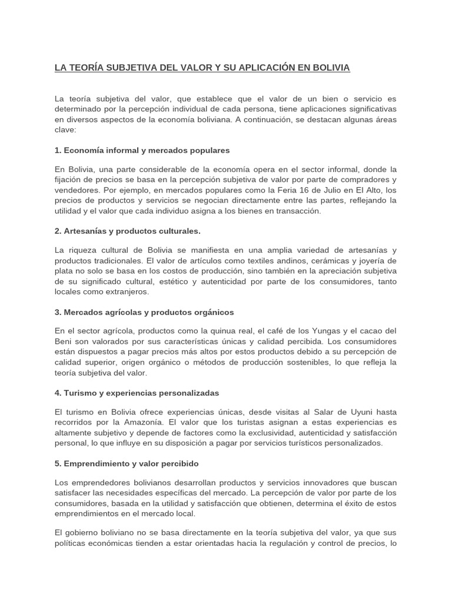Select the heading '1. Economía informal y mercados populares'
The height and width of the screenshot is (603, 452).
(142, 150)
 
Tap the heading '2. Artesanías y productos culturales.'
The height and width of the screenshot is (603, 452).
(128, 230)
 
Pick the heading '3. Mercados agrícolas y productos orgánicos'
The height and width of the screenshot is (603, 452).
(144, 312)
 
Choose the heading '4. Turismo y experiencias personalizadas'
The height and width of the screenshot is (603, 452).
(137, 392)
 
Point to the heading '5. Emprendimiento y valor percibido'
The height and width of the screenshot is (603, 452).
(127, 463)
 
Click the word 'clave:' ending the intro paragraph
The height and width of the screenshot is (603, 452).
(65, 130)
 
